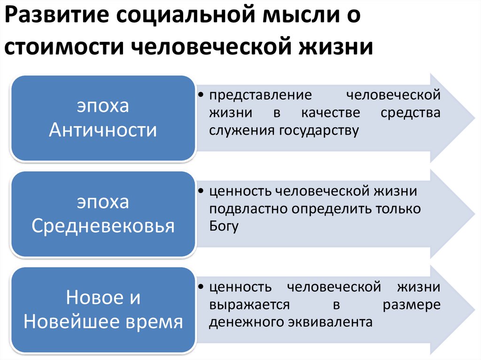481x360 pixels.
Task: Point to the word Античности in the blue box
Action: (x=103, y=130)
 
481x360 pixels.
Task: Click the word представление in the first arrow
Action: (x=261, y=95)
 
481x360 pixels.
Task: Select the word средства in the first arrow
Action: (x=411, y=113)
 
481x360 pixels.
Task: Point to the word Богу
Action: (x=224, y=226)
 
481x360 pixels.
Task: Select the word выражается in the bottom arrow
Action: (x=249, y=305)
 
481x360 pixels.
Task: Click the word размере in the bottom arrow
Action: (x=411, y=305)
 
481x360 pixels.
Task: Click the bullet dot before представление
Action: (x=201, y=96)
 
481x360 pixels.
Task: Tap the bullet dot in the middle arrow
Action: (x=201, y=191)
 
